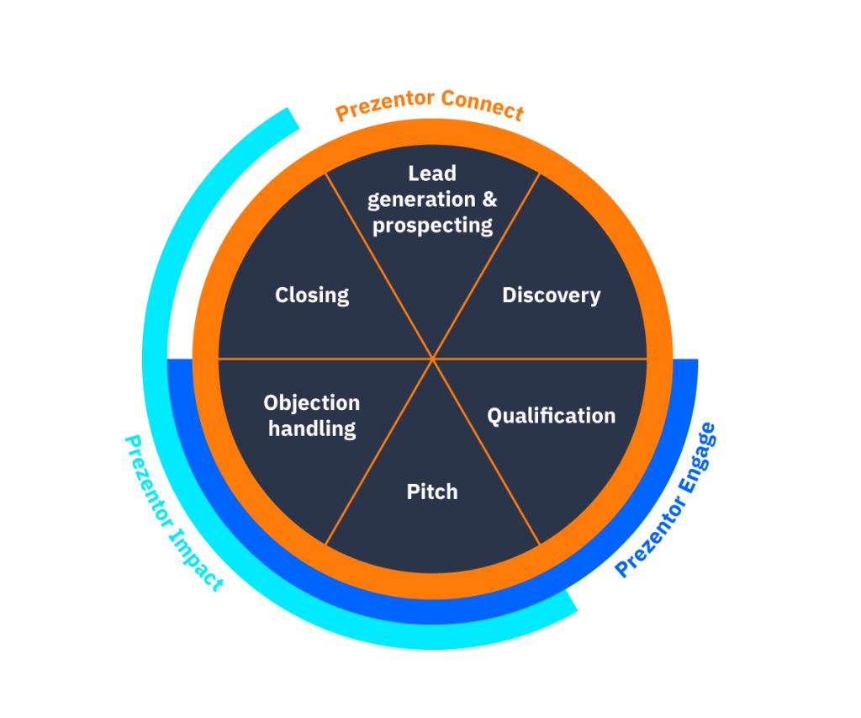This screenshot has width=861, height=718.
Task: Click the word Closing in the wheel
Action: [312, 295]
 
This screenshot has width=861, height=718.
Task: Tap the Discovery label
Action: [551, 295]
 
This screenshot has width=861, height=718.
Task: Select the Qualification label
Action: [551, 416]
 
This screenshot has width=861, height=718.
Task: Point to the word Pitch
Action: [432, 492]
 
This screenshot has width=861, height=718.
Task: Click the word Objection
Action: [311, 402]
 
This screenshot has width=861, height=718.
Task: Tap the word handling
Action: [311, 428]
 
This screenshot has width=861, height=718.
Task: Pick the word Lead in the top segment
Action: [432, 173]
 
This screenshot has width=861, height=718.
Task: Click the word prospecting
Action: [432, 226]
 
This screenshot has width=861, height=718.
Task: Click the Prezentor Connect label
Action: [430, 105]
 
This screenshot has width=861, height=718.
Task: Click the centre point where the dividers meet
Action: [432, 359]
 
